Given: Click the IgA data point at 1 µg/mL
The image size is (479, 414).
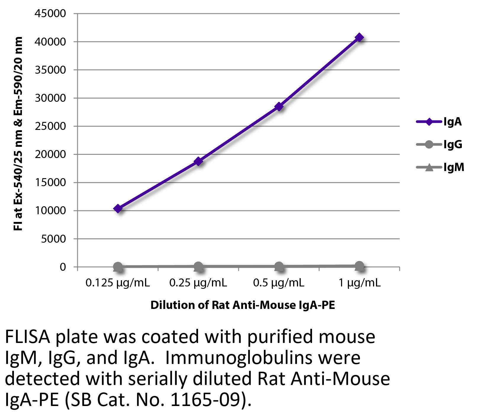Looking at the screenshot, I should [359, 38].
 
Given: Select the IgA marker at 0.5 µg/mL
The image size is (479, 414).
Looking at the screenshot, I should [279, 107].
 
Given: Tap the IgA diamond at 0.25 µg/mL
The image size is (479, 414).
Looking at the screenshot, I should [198, 161].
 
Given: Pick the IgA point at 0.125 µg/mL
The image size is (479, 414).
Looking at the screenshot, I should [118, 209].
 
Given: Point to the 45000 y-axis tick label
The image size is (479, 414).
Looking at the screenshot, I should [50, 13].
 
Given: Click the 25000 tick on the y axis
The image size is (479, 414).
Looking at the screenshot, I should [50, 126].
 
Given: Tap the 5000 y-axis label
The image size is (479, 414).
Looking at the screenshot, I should [53, 239].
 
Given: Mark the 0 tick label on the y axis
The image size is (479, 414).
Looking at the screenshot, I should [62, 267].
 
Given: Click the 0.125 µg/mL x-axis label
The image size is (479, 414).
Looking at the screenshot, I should [118, 283].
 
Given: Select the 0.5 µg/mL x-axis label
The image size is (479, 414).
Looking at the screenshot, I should [279, 283].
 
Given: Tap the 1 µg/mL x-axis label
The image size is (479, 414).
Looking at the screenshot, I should [359, 283].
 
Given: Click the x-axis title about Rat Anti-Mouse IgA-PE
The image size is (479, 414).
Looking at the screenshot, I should [243, 305].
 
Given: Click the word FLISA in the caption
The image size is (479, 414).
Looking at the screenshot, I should [28, 337].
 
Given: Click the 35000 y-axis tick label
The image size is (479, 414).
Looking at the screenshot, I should [50, 70].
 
